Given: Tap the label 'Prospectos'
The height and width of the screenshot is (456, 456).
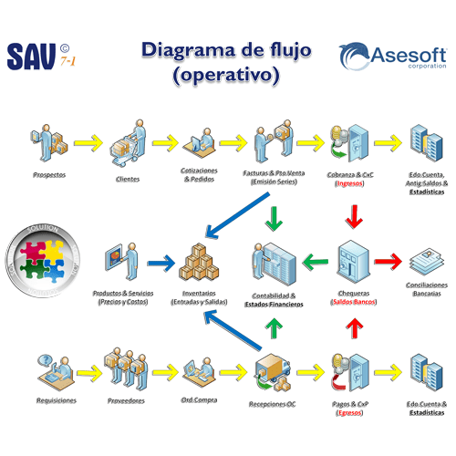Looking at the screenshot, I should coord(49,173).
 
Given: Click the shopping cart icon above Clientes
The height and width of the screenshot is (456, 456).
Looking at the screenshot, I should coord(129,143).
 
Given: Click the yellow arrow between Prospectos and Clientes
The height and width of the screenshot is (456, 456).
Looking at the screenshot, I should coord(88,142).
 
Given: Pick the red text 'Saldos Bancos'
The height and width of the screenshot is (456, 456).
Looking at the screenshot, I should coord(354,302).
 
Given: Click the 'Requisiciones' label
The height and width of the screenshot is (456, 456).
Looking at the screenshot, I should coord(57,399).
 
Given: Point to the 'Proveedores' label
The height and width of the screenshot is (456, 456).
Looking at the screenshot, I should coord(128,399).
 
